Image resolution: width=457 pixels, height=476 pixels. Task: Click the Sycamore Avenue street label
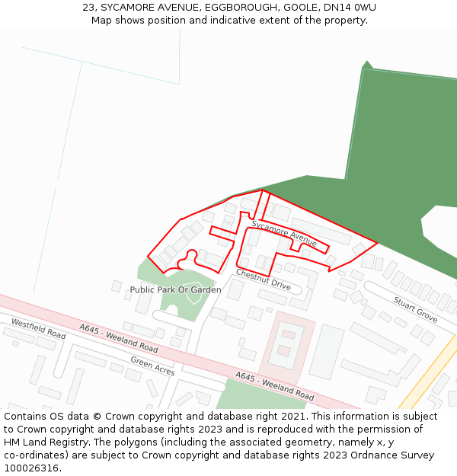pyautogui.click(x=284, y=234)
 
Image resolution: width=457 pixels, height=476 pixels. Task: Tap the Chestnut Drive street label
pyautogui.click(x=263, y=280)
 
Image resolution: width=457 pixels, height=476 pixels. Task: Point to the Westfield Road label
pyautogui.click(x=38, y=328)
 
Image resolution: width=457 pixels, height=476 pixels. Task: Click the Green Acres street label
pyautogui.click(x=152, y=366)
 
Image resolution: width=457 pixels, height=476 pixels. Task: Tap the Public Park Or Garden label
pyautogui.click(x=175, y=290)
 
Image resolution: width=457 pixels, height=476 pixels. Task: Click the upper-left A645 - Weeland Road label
pyautogui.click(x=119, y=338)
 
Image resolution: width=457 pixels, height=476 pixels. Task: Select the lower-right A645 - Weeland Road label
pyautogui.click(x=274, y=386)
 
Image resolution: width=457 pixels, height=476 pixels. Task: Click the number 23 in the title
pyautogui.click(x=89, y=8)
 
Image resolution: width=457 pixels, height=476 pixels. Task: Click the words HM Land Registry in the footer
pyautogui.click(x=40, y=442)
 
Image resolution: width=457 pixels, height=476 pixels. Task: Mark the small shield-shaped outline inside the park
pyautogui.click(x=193, y=293)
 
